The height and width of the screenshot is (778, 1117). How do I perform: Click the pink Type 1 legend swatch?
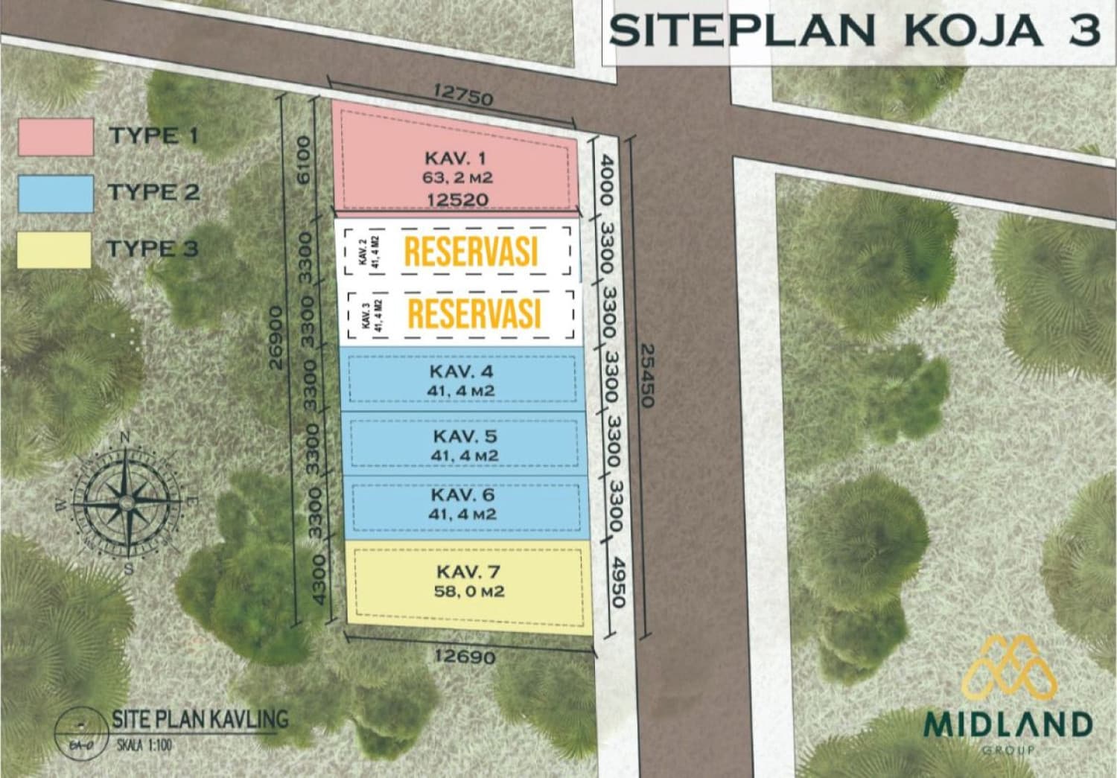(56, 137)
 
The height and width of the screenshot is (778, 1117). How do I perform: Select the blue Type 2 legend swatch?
(56, 194)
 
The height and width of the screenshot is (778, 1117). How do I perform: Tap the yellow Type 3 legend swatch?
(54, 249)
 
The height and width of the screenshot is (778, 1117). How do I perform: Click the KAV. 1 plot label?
(455, 158)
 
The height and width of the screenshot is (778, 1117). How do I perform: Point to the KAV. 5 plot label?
(464, 436)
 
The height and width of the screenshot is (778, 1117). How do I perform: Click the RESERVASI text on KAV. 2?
(471, 252)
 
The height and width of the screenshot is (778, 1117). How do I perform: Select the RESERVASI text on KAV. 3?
(474, 313)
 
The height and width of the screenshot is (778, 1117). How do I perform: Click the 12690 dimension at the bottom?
(465, 657)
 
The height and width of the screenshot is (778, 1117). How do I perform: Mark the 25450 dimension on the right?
(645, 375)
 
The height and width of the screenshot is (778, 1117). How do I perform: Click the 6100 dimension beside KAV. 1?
(304, 161)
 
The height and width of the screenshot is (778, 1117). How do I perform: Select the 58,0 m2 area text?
(468, 592)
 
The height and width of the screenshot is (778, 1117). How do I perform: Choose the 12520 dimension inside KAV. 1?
(457, 199)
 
